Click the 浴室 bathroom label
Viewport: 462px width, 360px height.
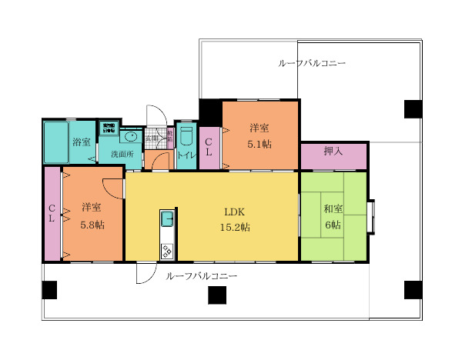pos(81,142)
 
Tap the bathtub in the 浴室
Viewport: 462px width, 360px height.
pos(56,142)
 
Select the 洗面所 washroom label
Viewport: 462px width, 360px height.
pos(122,154)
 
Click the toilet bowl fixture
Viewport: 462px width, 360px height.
pos(186,138)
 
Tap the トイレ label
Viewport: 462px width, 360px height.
pos(186,155)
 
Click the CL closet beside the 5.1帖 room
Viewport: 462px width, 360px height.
pos(209,148)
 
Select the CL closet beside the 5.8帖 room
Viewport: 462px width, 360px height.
pos(52,213)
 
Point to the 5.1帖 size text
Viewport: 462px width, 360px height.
pos(259,144)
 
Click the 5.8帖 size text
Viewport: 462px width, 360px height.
pos(92,225)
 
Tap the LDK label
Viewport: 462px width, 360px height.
pos(234,212)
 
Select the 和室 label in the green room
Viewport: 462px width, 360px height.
pos(333,209)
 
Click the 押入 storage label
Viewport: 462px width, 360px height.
pos(333,152)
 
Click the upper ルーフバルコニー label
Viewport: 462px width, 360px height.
pos(311,63)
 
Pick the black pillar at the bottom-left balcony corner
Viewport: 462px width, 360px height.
pos(49,290)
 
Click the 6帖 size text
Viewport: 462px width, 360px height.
pos(333,225)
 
